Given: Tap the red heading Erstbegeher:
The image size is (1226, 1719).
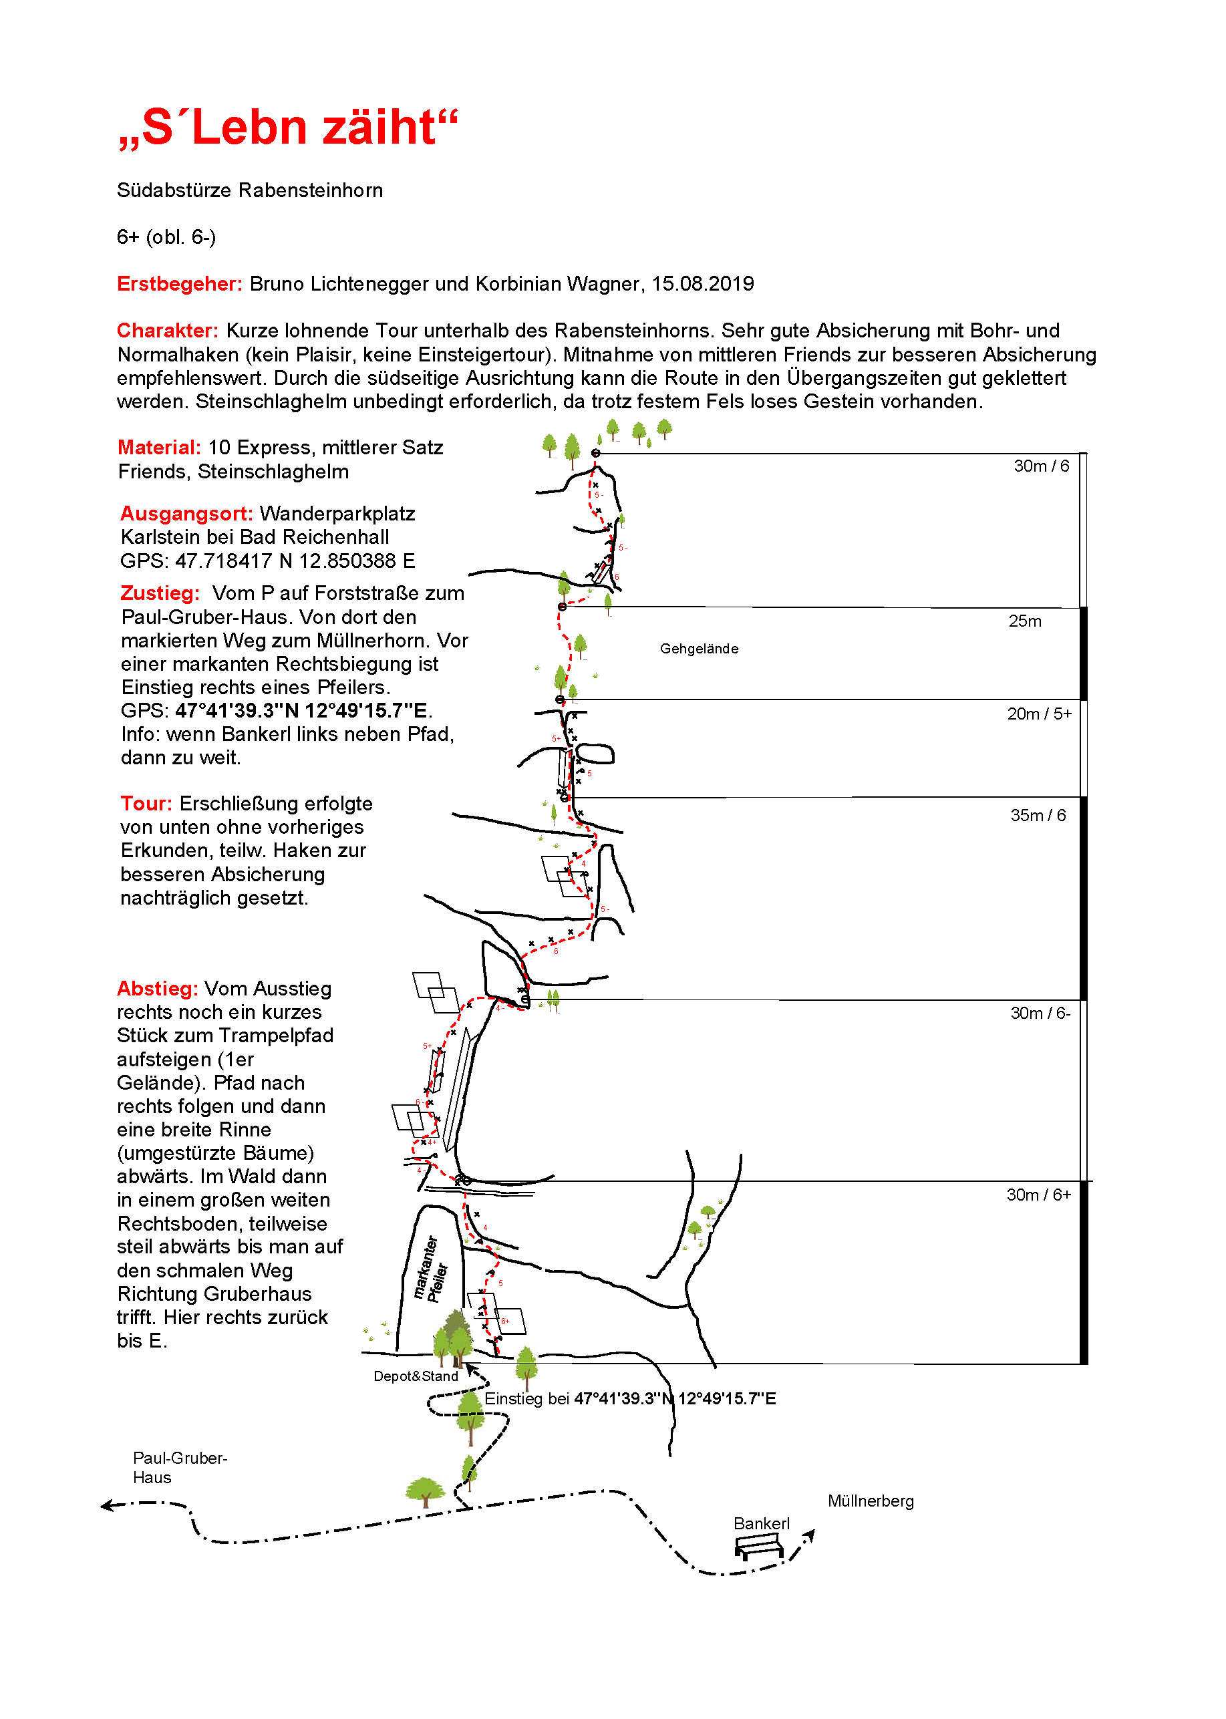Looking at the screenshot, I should [x=180, y=284].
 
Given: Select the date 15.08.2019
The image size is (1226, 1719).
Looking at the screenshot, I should [x=703, y=284].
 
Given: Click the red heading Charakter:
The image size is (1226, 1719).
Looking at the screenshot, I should [x=168, y=331].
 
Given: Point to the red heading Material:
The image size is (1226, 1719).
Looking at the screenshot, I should [x=159, y=448].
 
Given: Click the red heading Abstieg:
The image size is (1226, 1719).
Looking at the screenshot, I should [x=157, y=988].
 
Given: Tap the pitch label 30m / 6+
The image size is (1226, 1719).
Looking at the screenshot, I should [x=1038, y=1195].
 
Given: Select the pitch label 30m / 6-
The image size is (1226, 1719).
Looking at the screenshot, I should [x=1040, y=1013].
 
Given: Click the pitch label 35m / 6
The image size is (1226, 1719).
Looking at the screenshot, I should [x=1038, y=815].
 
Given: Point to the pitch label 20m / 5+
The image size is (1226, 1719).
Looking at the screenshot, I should [x=1039, y=714].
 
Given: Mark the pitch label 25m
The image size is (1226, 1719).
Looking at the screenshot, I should [x=1024, y=621].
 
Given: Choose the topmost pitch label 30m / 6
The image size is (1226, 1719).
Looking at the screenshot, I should [x=1041, y=466].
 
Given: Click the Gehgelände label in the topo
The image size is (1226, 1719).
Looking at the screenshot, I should [x=699, y=649].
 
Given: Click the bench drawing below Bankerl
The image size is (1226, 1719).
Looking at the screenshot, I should [x=760, y=1549].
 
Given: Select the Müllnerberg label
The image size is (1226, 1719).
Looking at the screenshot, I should [x=871, y=1501].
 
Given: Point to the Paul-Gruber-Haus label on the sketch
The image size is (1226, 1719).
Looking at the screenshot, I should [x=180, y=1468].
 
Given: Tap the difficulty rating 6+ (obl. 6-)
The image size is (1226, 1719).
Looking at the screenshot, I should [x=166, y=237].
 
